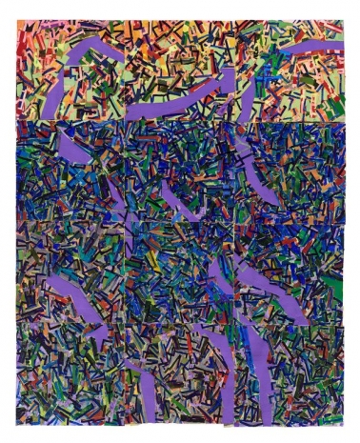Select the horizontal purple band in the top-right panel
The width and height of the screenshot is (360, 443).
[x=314, y=49]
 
